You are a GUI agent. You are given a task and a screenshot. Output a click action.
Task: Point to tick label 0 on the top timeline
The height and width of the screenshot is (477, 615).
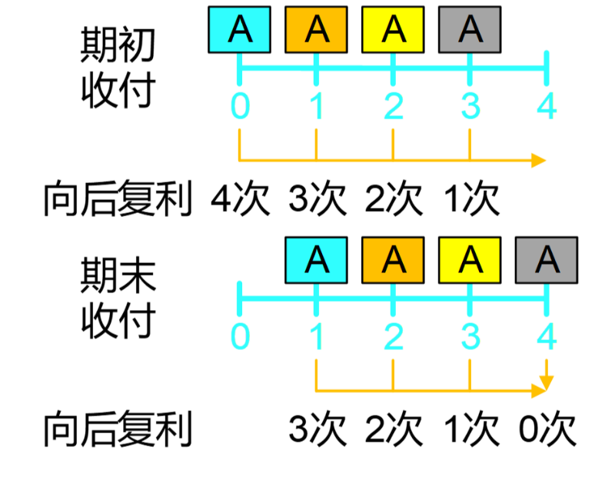240,107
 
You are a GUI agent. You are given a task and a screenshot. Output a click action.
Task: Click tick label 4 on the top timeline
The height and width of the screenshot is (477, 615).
547,107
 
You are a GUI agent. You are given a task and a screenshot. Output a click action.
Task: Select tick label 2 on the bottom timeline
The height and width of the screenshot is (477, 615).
393,336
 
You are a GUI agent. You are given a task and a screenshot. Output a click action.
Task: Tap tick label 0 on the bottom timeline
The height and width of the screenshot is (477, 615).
240,336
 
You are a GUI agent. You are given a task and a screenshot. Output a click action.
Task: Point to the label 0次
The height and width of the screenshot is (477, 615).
547,429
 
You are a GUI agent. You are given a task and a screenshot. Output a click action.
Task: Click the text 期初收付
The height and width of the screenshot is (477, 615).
118,69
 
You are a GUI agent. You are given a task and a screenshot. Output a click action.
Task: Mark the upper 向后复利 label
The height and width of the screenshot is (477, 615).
116,200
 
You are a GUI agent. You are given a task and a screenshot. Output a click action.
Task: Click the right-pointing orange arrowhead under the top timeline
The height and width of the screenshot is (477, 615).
539,160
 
